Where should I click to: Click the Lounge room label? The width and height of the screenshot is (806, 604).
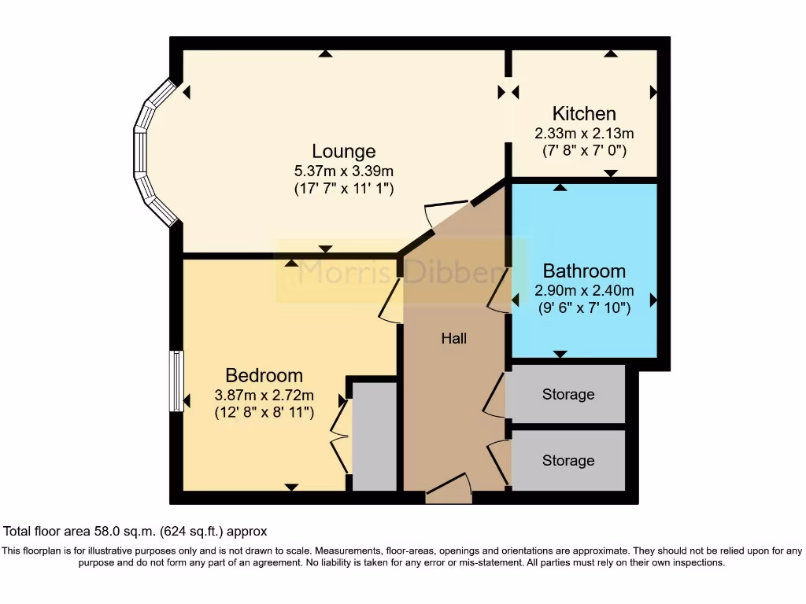pos(343,151)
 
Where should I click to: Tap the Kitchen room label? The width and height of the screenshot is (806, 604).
pos(583,114)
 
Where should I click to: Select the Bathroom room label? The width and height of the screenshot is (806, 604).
pos(584,272)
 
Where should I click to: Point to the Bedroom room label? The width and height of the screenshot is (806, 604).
pos(264,375)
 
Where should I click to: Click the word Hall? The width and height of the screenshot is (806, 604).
pos(454,338)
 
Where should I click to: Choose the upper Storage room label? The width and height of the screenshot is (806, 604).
pos(568,394)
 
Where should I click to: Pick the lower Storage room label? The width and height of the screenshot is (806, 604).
pos(568,460)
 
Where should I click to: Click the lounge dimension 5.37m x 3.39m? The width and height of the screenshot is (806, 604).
pos(343,170)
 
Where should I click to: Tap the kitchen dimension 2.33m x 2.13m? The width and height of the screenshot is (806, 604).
pos(583,133)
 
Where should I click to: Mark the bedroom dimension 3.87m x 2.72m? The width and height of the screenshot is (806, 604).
pos(264,395)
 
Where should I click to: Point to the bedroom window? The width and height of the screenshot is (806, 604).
pos(176,381)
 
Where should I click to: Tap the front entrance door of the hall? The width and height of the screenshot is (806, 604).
pos(448,489)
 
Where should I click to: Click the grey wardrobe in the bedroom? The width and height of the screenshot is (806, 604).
pos(374,436)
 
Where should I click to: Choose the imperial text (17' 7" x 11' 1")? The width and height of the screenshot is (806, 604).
pos(343,189)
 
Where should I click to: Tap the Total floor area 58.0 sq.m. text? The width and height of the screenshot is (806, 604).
pos(135,531)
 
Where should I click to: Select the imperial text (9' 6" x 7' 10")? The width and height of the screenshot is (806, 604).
pos(584,309)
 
